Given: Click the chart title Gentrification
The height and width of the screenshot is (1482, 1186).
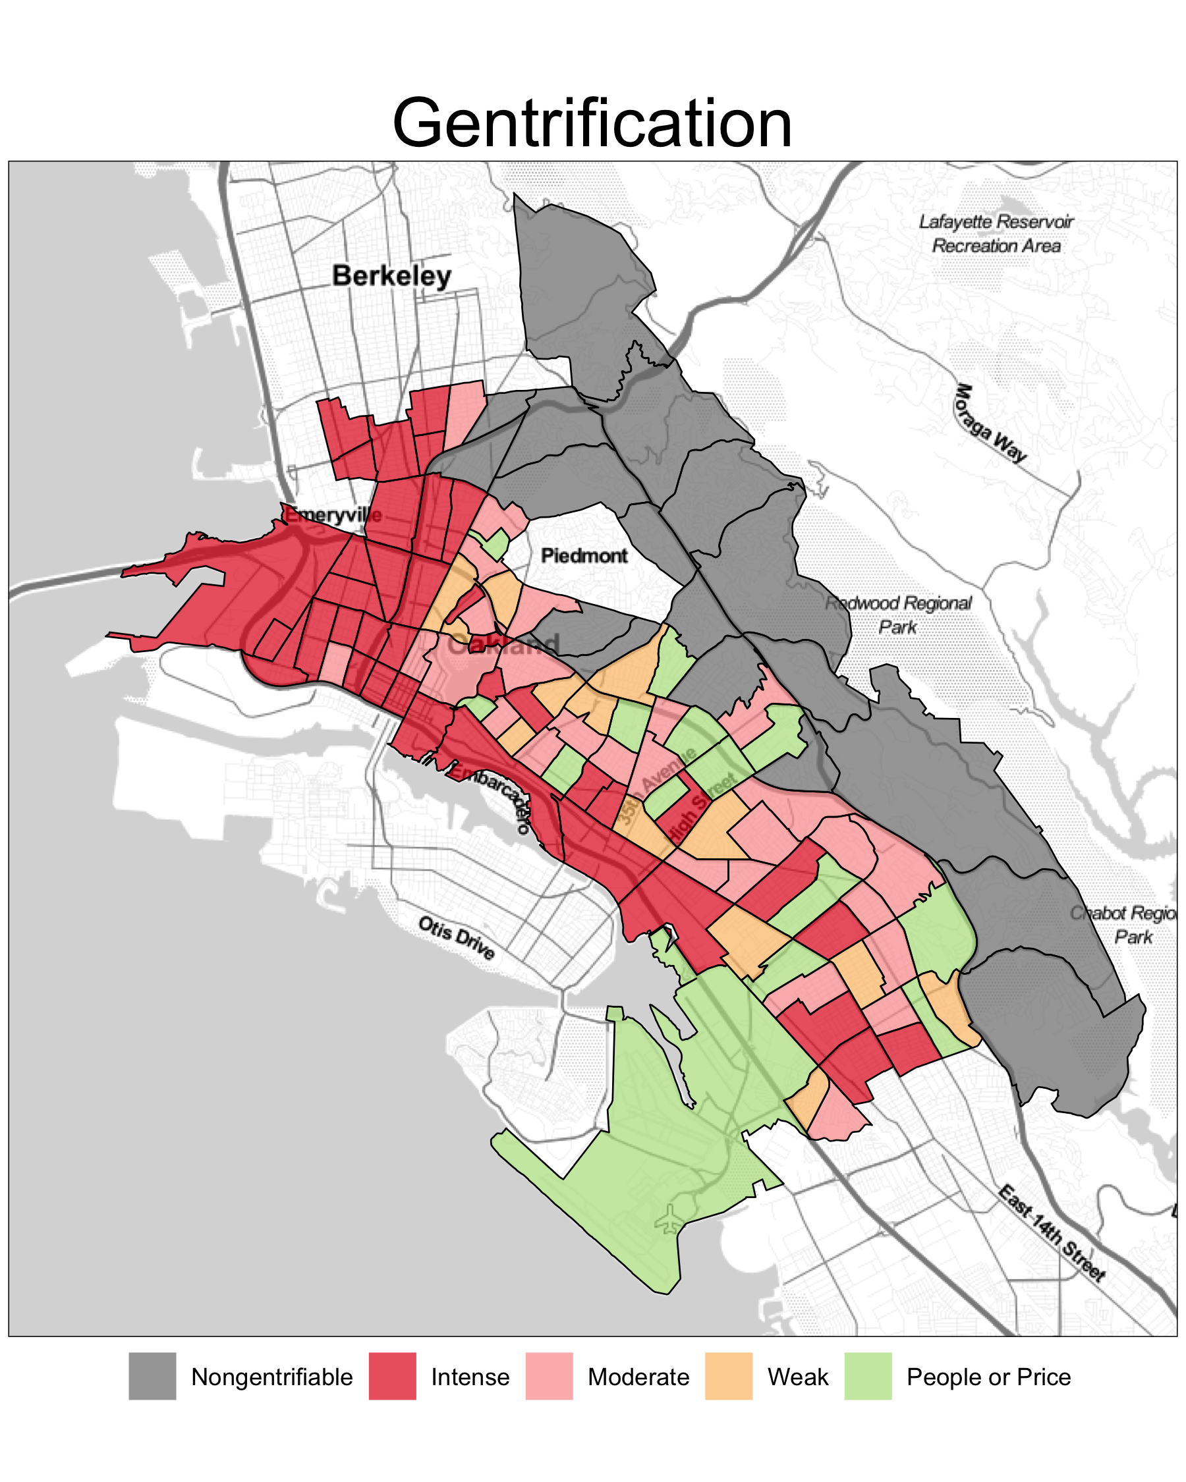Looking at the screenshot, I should click(592, 123).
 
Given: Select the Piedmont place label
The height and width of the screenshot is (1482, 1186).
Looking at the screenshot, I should click(584, 555).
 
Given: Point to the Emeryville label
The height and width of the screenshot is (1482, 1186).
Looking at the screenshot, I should click(334, 515).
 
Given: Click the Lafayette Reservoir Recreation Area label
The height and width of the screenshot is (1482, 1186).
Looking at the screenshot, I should click(996, 234).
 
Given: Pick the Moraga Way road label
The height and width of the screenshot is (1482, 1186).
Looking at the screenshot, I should click(990, 424).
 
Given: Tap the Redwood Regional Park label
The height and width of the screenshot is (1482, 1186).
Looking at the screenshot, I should click(898, 615).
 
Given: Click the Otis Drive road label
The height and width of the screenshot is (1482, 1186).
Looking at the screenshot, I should click(457, 937).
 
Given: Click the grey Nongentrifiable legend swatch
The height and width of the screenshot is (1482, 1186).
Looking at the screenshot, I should click(152, 1376).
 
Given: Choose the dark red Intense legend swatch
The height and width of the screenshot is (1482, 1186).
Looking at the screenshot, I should click(392, 1376).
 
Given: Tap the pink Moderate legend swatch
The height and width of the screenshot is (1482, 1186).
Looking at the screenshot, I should click(549, 1376).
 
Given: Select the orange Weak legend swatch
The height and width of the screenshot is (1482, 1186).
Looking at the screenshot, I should click(728, 1376).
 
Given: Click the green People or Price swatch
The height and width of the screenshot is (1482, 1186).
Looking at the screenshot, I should click(868, 1376).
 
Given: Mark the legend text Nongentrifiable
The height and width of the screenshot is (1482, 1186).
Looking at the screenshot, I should click(271, 1377).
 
